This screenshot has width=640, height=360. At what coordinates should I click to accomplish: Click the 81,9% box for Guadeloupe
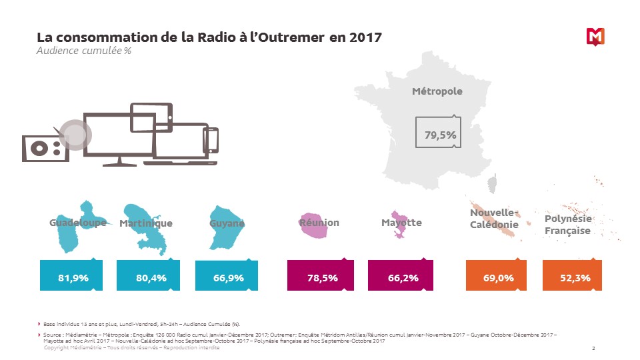click(73, 277)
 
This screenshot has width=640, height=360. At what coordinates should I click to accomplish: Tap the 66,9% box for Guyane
click(229, 277)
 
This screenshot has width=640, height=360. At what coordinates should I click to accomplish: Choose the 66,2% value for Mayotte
click(403, 277)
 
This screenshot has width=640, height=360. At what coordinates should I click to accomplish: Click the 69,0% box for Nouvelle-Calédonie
click(497, 277)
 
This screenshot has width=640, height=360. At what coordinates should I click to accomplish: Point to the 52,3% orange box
click(575, 277)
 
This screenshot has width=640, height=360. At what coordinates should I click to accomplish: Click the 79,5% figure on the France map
click(441, 135)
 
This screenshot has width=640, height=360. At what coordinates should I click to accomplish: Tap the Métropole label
click(437, 91)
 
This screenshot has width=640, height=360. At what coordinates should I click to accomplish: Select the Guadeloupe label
click(77, 223)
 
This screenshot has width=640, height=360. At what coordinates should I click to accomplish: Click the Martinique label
click(146, 223)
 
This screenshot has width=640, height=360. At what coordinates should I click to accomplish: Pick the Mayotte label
click(401, 222)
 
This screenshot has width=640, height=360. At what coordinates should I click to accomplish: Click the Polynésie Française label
click(568, 225)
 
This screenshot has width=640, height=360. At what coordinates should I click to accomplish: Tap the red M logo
click(595, 37)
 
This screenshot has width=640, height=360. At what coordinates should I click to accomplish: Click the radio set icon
click(45, 147)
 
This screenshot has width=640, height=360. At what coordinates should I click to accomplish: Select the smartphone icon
click(211, 140)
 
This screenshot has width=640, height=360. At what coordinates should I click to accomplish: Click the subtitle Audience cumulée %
click(83, 51)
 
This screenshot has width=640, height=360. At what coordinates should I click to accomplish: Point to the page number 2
click(593, 349)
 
